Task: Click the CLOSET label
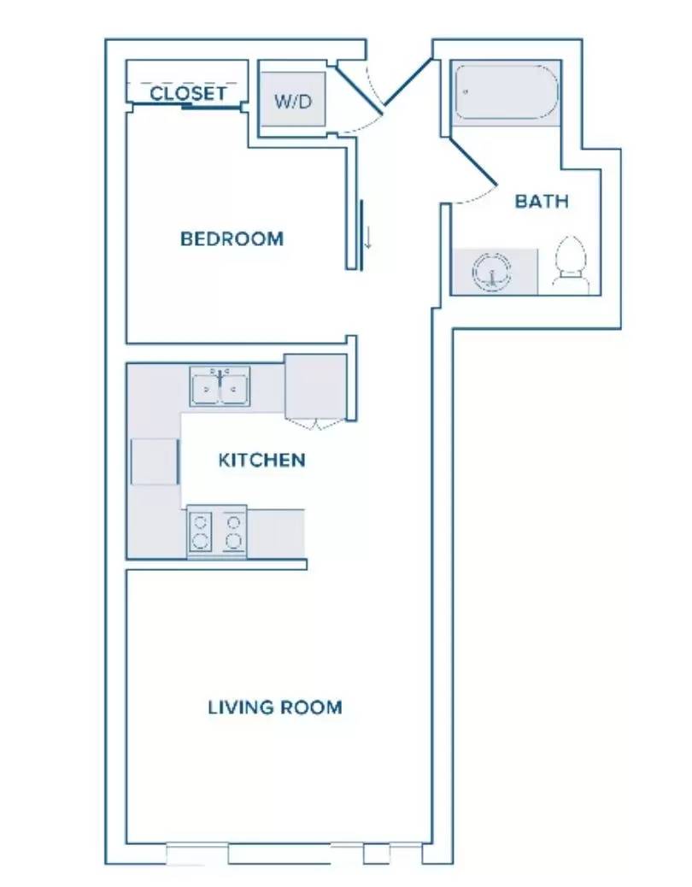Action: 188,93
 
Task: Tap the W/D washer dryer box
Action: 292,100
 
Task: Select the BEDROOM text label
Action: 232,238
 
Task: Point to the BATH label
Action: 542,202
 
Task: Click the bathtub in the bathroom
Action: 506,93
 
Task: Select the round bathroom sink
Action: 491,272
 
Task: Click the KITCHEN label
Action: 261,460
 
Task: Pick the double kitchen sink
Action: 220,386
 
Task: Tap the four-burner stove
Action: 217,531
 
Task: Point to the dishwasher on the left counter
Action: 155,461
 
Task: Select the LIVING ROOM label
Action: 275,707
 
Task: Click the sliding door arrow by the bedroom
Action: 368,238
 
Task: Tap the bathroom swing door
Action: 472,162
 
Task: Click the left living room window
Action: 197,853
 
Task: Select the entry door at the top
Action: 408,82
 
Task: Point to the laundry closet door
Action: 359,90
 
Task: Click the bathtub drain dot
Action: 466,91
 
